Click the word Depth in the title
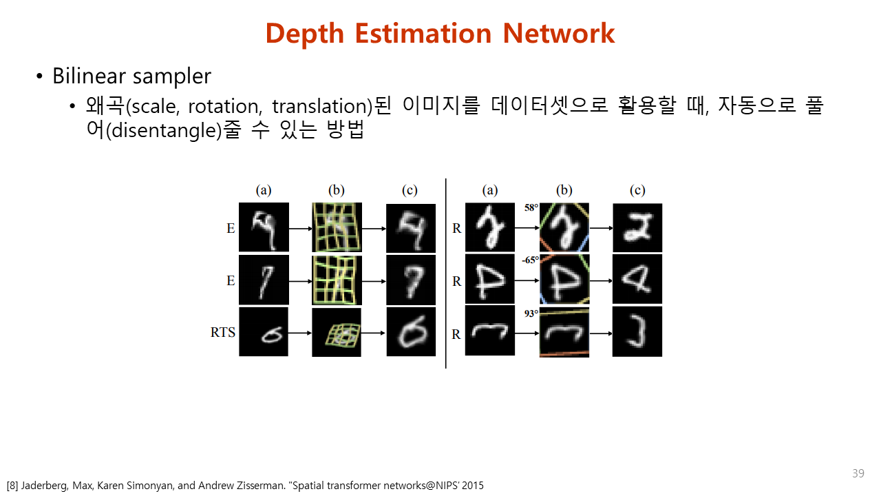click(x=305, y=34)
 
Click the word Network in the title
click(x=558, y=33)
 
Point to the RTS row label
click(x=222, y=332)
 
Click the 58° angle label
click(x=531, y=207)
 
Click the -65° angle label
click(x=530, y=260)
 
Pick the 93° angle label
click(x=531, y=313)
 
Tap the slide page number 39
click(x=858, y=473)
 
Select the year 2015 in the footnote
click(x=473, y=486)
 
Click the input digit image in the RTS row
click(x=264, y=332)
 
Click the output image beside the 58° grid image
click(x=637, y=228)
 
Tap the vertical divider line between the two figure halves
click(x=445, y=273)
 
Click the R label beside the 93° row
click(x=456, y=334)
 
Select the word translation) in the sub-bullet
click(x=322, y=106)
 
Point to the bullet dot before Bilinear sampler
click(x=39, y=76)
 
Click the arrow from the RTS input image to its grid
click(x=300, y=333)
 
